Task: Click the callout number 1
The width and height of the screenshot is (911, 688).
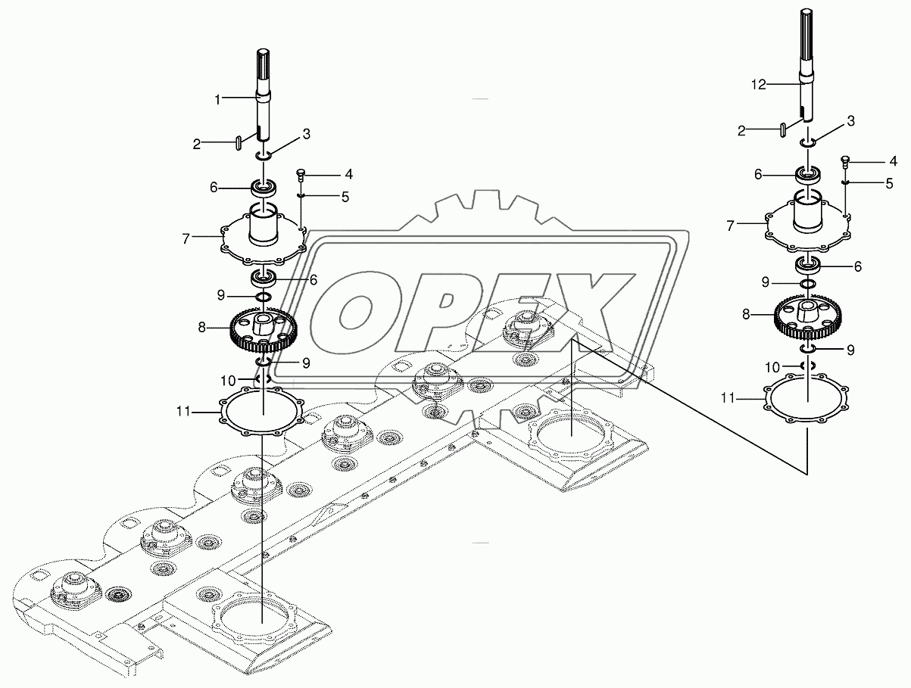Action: pyautogui.click(x=217, y=100)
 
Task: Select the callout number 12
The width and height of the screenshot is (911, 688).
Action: pyautogui.click(x=759, y=85)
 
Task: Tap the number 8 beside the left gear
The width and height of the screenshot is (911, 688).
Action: pyautogui.click(x=201, y=328)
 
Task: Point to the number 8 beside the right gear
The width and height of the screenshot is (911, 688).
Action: pyautogui.click(x=746, y=315)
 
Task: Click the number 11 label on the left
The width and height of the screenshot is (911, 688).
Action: pyautogui.click(x=183, y=412)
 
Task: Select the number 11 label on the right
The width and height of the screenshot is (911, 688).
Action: pyautogui.click(x=728, y=398)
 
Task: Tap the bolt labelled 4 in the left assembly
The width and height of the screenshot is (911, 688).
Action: pyautogui.click(x=301, y=176)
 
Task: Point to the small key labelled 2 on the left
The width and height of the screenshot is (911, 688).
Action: pyautogui.click(x=239, y=143)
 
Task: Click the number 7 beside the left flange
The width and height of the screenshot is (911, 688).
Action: pyautogui.click(x=186, y=239)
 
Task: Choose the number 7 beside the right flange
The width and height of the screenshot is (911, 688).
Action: pyautogui.click(x=731, y=226)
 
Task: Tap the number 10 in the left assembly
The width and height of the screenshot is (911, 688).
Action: pyautogui.click(x=228, y=380)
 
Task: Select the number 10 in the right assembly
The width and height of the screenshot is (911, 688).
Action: pyautogui.click(x=772, y=367)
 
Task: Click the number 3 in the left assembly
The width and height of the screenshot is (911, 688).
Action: pyautogui.click(x=306, y=135)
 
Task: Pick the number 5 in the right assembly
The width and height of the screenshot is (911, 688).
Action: pyautogui.click(x=889, y=184)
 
